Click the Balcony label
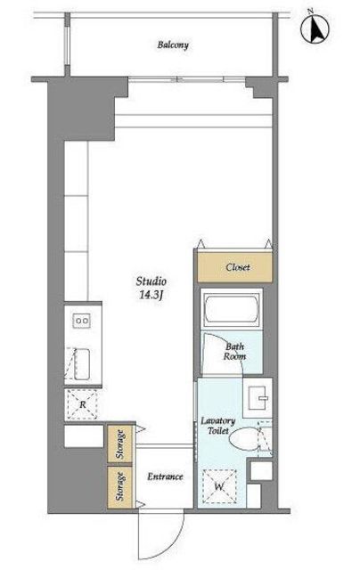pyautogui.click(x=173, y=45)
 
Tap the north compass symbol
pyautogui.click(x=315, y=28)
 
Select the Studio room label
pyautogui.click(x=151, y=281)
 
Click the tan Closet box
pyautogui.click(x=234, y=267)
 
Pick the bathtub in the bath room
pyautogui.click(x=232, y=309)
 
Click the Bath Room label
pyautogui.click(x=234, y=352)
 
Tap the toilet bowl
pyautogui.click(x=245, y=438)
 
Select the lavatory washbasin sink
pyautogui.click(x=258, y=398)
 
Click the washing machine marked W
pyautogui.click(x=219, y=486)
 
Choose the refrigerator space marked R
pyautogui.click(x=83, y=404)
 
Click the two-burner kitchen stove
pyautogui.click(x=82, y=321)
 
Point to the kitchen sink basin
pyautogui.click(x=82, y=364)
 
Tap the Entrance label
pyautogui.click(x=165, y=476)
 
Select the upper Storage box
pyautogui.click(x=119, y=444)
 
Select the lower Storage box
pyautogui.click(x=119, y=485)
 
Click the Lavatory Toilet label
pyautogui.click(x=218, y=426)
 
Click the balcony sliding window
pyautogui.click(x=187, y=79)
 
